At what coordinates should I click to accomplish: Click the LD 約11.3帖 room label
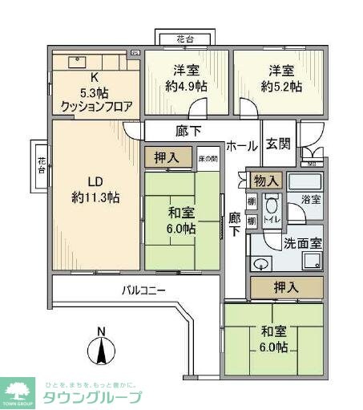[x=95, y=189]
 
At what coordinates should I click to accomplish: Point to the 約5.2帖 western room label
[x=278, y=78]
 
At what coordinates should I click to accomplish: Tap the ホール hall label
[x=242, y=146]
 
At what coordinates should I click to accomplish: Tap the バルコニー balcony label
[x=144, y=290]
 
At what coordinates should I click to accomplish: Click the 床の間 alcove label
[x=208, y=160]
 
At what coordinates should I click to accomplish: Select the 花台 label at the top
[x=184, y=39]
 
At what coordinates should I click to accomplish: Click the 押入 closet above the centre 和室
[x=167, y=158]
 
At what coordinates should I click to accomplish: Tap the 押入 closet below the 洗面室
[x=286, y=286]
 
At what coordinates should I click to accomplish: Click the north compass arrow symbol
[x=101, y=351]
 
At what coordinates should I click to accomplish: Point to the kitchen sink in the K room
[x=78, y=60]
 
